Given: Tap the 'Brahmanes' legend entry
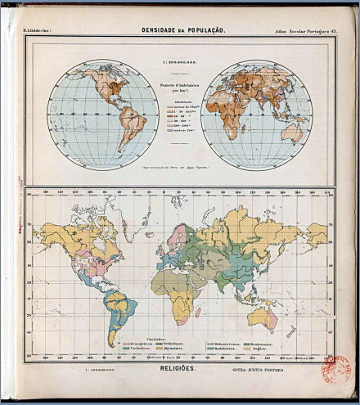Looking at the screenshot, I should coord(263,343).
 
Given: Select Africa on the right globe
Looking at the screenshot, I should coord(228,115).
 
